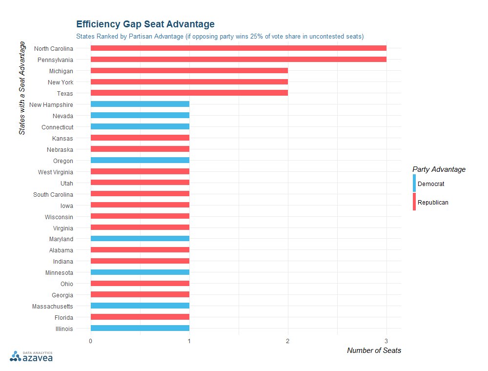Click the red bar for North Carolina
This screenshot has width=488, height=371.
[x=238, y=48]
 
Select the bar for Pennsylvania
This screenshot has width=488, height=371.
[x=238, y=60]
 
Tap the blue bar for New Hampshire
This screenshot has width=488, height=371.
[x=140, y=104]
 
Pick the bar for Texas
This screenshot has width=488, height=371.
[x=189, y=93]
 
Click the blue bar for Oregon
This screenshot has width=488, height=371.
[x=140, y=161]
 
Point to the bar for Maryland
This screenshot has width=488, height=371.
[x=140, y=239]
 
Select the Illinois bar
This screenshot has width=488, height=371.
[x=140, y=329]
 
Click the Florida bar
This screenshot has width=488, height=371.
[x=140, y=317]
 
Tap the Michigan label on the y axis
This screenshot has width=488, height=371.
[x=61, y=71]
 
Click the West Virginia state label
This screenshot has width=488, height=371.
[x=56, y=172]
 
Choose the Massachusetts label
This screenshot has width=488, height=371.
[x=53, y=306]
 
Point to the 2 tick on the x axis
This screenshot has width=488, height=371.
[x=288, y=340]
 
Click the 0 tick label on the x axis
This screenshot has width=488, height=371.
[x=90, y=340]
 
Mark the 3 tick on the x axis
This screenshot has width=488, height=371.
[x=386, y=340]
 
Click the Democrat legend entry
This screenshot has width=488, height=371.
[x=430, y=184]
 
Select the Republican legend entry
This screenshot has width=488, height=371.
[x=432, y=202]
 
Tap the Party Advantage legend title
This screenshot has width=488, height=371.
[x=439, y=169]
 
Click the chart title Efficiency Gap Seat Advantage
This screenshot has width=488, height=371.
[x=145, y=24]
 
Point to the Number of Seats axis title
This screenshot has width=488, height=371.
[x=374, y=350]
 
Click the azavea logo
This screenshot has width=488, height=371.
[x=32, y=357]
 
